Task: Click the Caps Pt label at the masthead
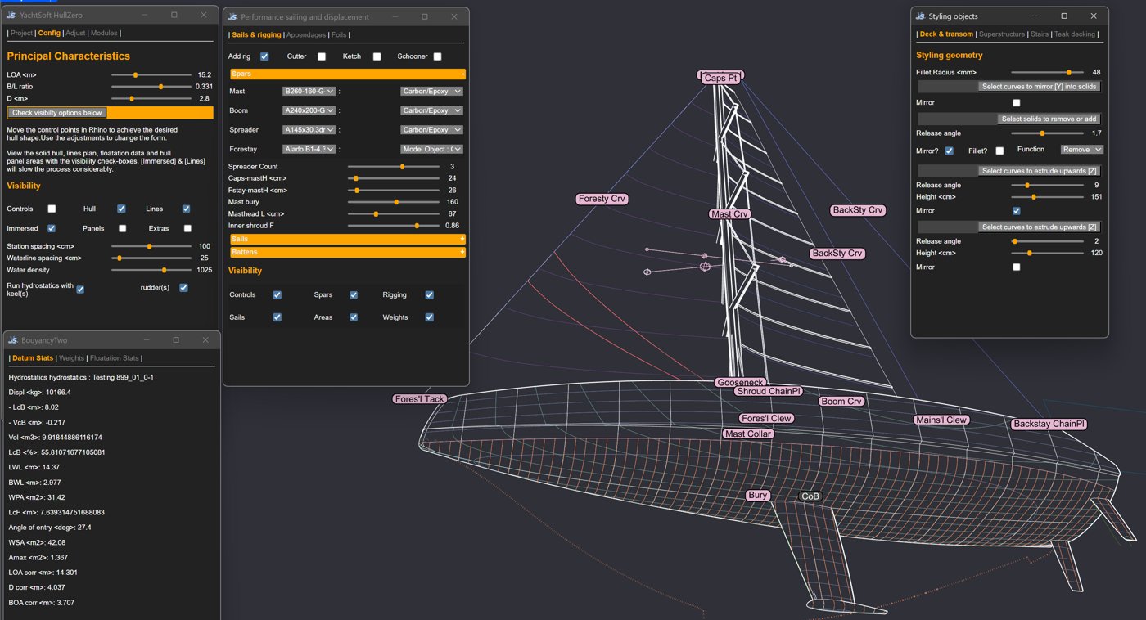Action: pyautogui.click(x=720, y=78)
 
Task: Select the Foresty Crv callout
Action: pyautogui.click(x=602, y=198)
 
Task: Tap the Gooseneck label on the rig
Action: pyautogui.click(x=740, y=382)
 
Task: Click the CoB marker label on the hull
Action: pyautogui.click(x=810, y=496)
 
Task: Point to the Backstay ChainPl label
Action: pyautogui.click(x=1049, y=424)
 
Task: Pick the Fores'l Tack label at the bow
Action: pyautogui.click(x=419, y=398)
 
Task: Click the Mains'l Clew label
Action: pyautogui.click(x=941, y=420)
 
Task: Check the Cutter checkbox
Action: pyautogui.click(x=321, y=56)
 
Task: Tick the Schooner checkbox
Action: pyautogui.click(x=437, y=56)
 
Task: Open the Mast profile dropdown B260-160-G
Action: pyautogui.click(x=309, y=91)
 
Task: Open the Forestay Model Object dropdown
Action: pyautogui.click(x=431, y=149)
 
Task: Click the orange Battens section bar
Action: pyautogui.click(x=348, y=252)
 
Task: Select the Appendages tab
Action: pyautogui.click(x=306, y=34)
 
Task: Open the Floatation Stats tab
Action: pyautogui.click(x=114, y=357)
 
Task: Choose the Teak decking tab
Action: pyautogui.click(x=1074, y=34)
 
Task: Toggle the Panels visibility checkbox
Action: pyautogui.click(x=122, y=228)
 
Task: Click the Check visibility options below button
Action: pyautogui.click(x=57, y=112)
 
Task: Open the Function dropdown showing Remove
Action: pyautogui.click(x=1081, y=149)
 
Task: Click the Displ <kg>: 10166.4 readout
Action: pyautogui.click(x=40, y=392)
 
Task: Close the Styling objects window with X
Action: pyautogui.click(x=1094, y=16)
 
